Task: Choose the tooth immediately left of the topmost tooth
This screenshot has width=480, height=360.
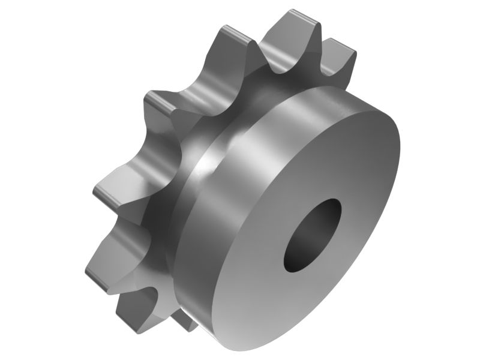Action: [x=231, y=36]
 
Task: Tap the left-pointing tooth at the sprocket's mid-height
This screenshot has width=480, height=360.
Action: [x=108, y=192]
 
